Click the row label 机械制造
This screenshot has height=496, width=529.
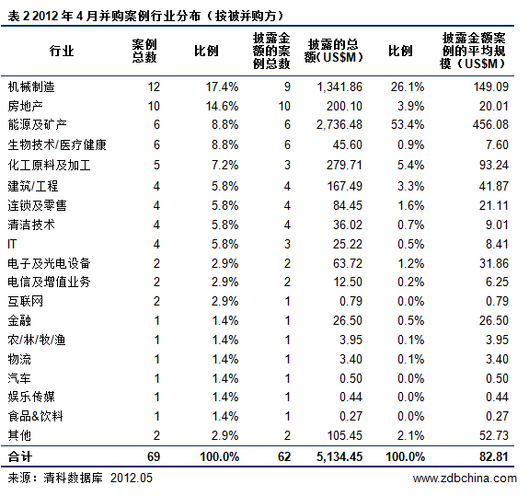(x=31, y=87)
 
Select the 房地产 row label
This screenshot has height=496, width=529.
(x=26, y=106)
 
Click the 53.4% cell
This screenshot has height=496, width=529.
(x=404, y=125)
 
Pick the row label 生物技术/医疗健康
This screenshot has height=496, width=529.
(x=57, y=144)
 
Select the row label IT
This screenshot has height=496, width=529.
(x=12, y=243)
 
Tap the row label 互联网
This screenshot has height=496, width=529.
(x=26, y=301)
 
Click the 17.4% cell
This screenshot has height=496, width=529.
(x=223, y=87)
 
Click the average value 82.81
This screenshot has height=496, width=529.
(x=491, y=456)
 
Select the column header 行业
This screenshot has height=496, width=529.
(x=62, y=50)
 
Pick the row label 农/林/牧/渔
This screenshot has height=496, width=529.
(x=37, y=340)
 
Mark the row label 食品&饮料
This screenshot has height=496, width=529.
(x=35, y=417)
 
